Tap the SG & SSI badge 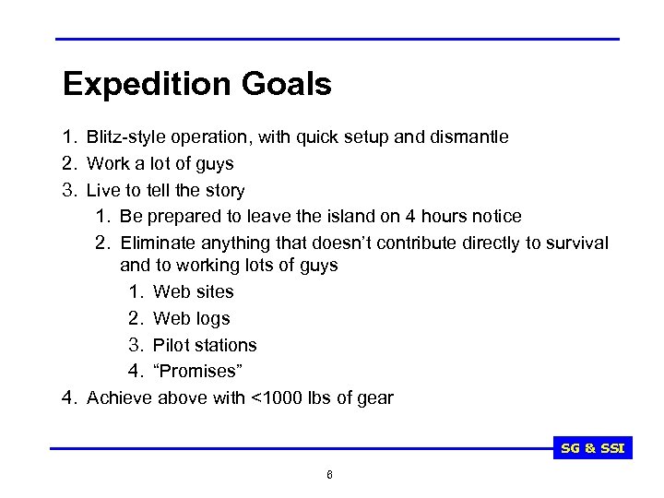[593, 449]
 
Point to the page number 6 [329, 474]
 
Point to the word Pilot [171, 345]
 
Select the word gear [374, 398]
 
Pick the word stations [225, 345]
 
